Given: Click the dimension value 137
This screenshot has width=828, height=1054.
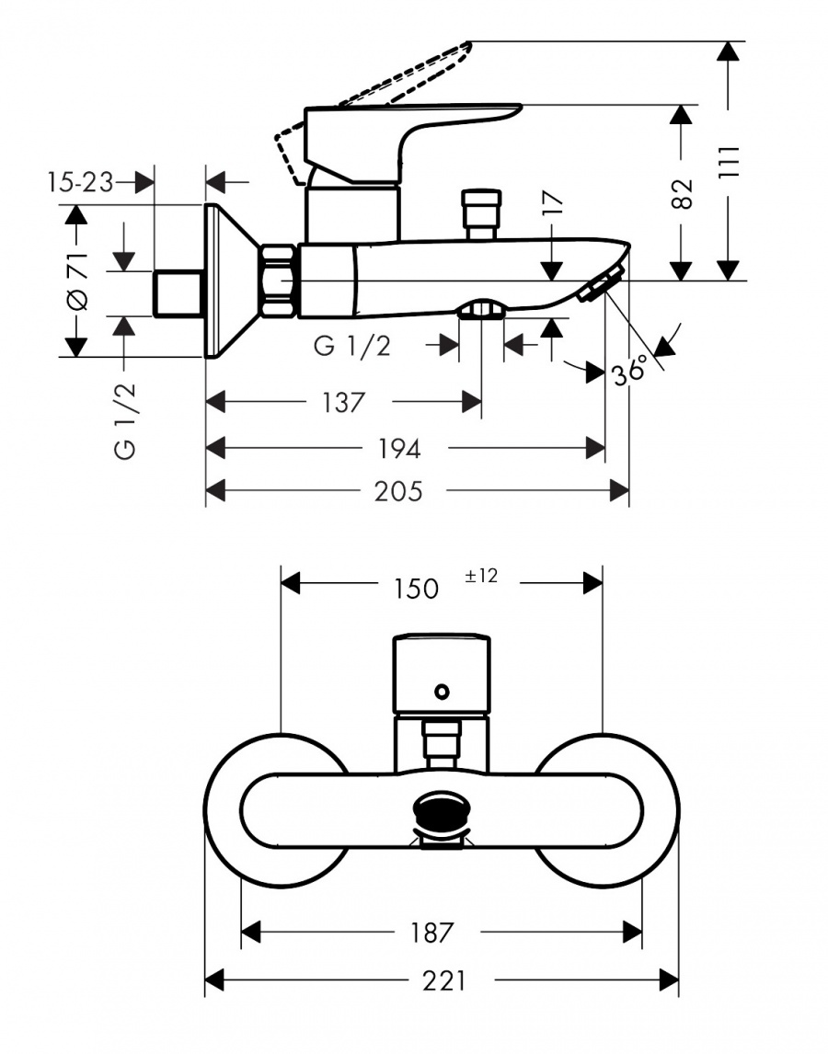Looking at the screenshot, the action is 343,403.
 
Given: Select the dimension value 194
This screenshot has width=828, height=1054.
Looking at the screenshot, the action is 399,448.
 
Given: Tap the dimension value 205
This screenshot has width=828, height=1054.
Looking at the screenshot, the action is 398,491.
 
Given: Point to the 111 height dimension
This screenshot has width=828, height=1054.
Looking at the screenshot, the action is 729,161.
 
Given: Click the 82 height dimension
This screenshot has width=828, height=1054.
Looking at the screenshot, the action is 682,193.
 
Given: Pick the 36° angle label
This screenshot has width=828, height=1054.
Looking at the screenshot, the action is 629,371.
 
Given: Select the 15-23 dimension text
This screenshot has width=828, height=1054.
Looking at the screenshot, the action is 80,182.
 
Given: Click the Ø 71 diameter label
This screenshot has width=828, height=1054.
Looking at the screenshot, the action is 77,281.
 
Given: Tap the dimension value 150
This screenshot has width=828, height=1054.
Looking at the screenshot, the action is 416,589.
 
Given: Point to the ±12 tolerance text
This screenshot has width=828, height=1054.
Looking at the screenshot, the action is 481,576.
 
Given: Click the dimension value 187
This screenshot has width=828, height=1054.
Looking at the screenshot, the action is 432,933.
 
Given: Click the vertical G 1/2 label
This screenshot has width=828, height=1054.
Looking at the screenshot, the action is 125,421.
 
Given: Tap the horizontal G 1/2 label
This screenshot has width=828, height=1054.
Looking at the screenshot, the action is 351,346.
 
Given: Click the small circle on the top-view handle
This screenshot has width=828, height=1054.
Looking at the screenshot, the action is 442,691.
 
